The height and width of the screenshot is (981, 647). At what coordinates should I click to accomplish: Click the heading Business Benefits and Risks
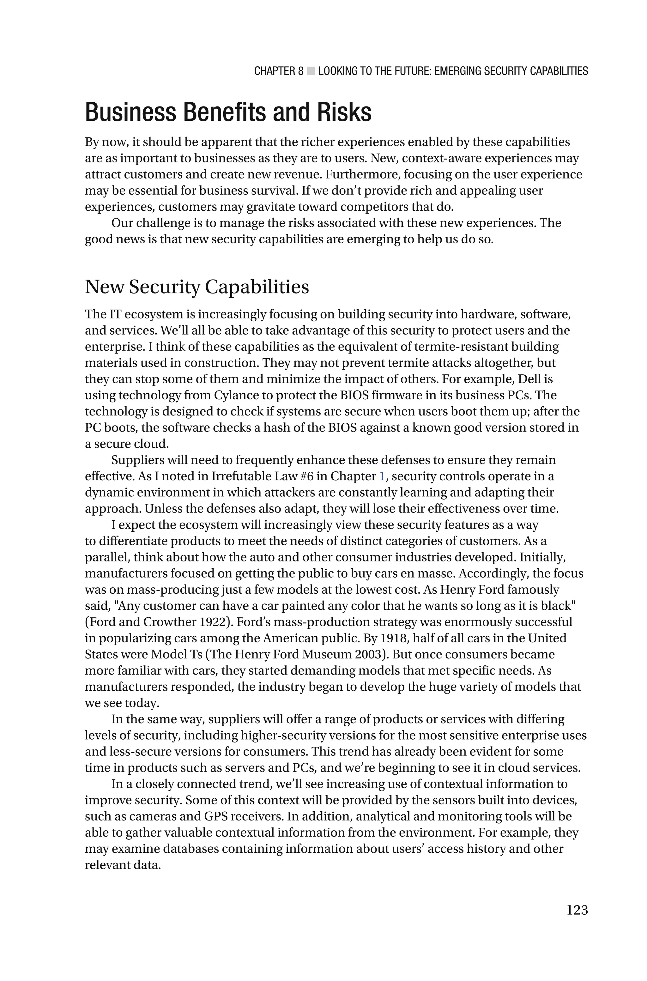click(228, 112)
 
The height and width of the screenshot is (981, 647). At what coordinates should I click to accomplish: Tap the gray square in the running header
click(311, 71)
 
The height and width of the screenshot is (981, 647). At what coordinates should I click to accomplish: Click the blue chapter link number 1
click(382, 476)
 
